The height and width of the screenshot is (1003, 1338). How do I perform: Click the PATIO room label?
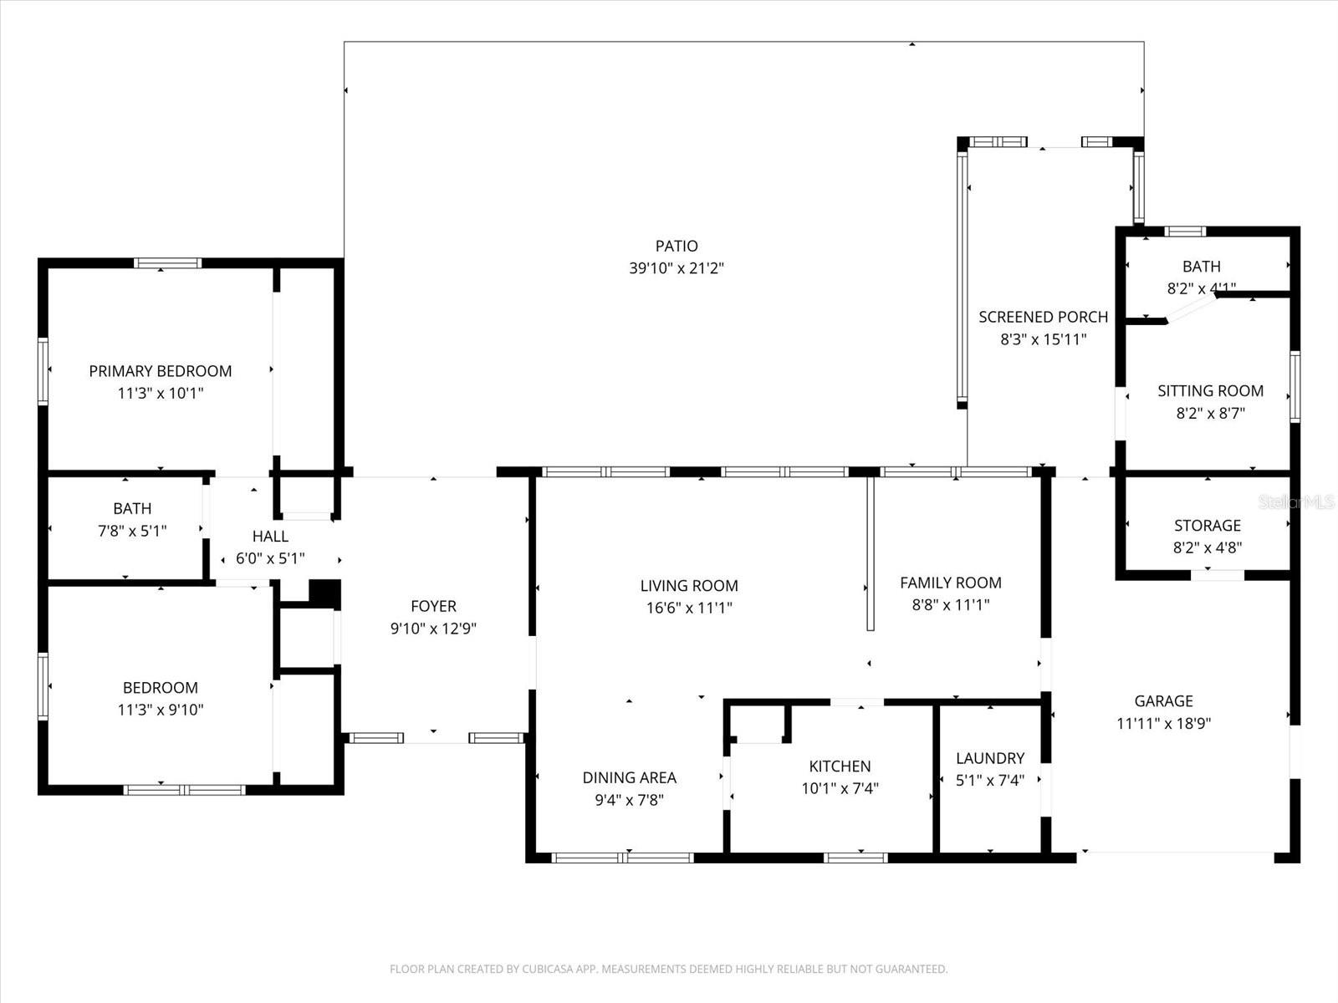(677, 246)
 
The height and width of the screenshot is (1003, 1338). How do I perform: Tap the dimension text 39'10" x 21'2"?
(677, 268)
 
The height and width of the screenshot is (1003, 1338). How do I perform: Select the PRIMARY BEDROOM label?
(161, 371)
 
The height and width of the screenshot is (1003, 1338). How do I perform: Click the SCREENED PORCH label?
(1043, 317)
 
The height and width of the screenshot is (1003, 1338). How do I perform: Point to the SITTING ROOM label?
(1210, 390)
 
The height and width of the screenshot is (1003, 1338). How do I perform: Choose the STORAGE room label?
(1207, 525)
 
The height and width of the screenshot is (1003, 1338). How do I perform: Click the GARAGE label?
(1163, 701)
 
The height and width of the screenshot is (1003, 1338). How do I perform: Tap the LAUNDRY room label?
(990, 758)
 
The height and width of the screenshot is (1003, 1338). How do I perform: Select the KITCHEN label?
(840, 766)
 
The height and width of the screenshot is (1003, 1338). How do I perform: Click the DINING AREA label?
(629, 777)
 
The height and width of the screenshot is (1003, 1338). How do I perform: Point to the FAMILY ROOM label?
(950, 583)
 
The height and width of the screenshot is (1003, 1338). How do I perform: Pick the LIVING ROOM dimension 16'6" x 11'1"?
(689, 608)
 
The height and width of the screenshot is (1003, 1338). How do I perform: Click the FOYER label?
(433, 606)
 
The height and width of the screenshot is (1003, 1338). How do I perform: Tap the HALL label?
(270, 537)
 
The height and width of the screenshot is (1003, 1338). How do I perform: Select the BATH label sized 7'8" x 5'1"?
(132, 508)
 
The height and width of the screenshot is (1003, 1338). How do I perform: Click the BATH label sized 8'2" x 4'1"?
(1201, 267)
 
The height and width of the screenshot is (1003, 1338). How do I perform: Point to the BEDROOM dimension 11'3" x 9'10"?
(161, 710)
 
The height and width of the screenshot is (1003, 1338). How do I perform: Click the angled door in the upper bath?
(1191, 310)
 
